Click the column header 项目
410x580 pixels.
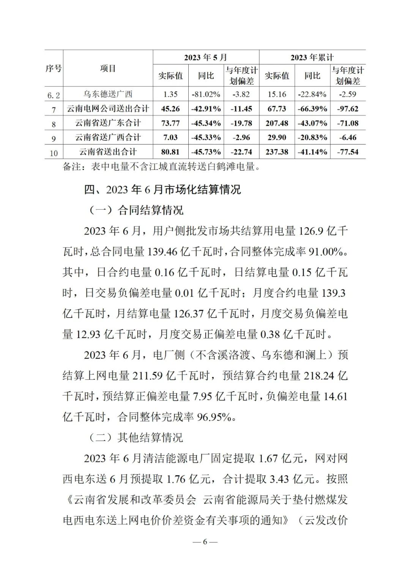tap(108, 68)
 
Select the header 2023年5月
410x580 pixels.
tap(206, 57)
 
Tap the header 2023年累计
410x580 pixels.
tap(312, 57)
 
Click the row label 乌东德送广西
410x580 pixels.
tap(108, 94)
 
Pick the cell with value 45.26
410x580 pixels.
tap(170, 109)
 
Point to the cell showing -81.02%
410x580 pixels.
tap(206, 94)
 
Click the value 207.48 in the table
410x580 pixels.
tap(277, 123)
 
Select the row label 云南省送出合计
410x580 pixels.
tap(108, 152)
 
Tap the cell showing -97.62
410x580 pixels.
tap(348, 109)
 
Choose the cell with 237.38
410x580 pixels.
tap(277, 152)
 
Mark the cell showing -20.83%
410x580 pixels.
tap(312, 137)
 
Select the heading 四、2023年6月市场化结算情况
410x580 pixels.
tap(162, 189)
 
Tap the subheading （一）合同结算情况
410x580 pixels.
tap(136, 210)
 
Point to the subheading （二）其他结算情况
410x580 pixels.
tap(136, 438)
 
